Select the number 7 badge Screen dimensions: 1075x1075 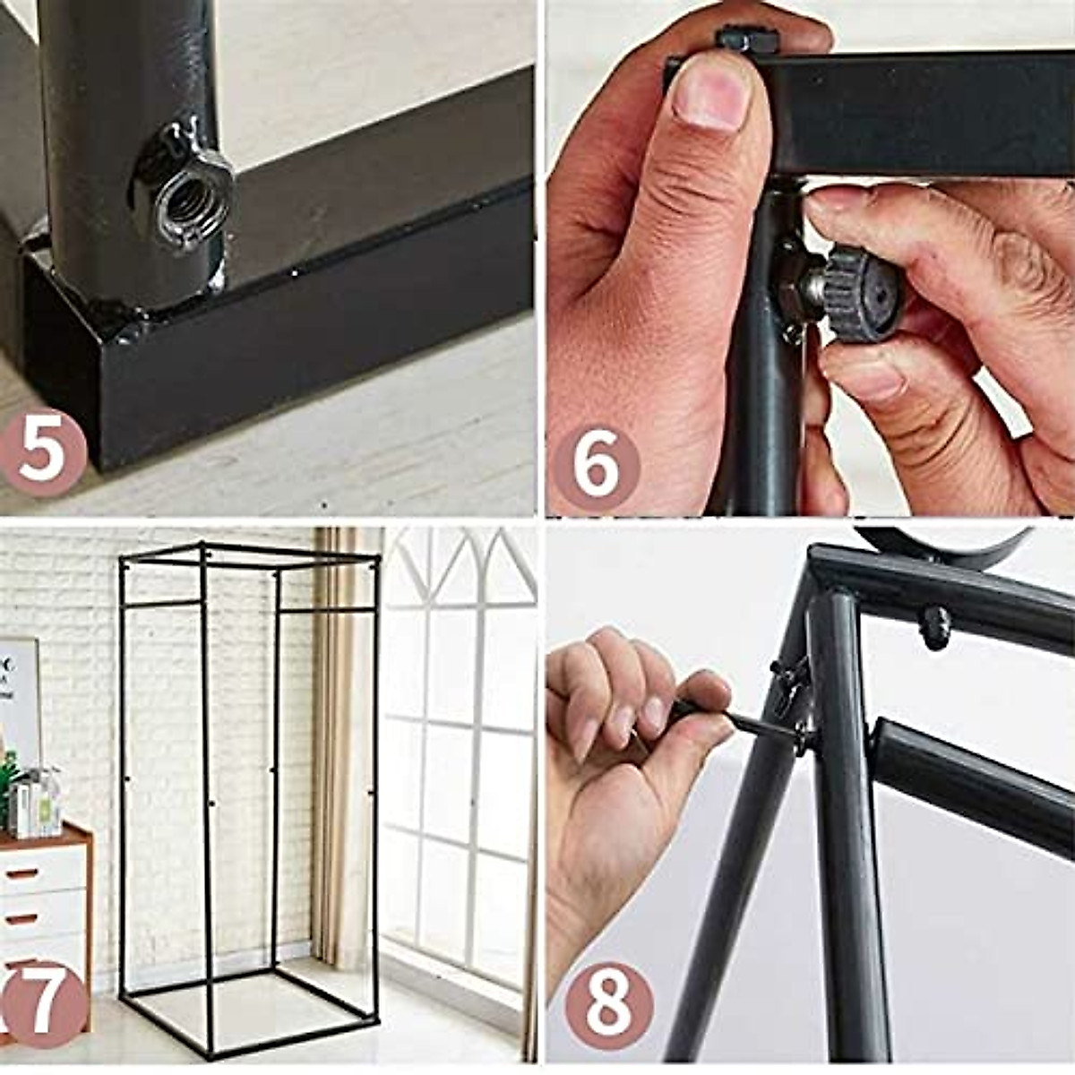pyautogui.click(x=43, y=1002)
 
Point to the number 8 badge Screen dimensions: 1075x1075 pyautogui.click(x=609, y=1004)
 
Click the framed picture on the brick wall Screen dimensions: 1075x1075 pyautogui.click(x=18, y=699)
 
